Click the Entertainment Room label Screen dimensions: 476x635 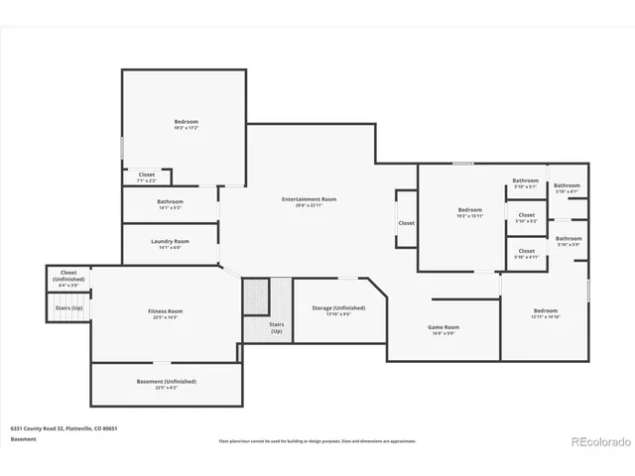[x=309, y=199]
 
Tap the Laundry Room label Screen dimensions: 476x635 [x=170, y=241]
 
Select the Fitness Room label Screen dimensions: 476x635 [x=166, y=311]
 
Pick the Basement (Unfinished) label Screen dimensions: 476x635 [x=166, y=381]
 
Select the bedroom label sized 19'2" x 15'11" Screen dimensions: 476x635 [x=469, y=210]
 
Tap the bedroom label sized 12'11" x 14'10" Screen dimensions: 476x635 [x=546, y=310]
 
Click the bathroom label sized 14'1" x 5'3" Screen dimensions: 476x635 [x=170, y=201]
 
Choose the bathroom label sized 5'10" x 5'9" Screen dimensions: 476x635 [x=569, y=238]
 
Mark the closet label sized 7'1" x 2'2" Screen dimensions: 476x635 [x=146, y=175]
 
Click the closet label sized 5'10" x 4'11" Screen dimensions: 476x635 [x=526, y=251]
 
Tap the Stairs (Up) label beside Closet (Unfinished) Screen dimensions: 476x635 [x=68, y=307]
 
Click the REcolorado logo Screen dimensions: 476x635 [x=598, y=441]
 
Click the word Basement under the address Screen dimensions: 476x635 [x=23, y=438]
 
